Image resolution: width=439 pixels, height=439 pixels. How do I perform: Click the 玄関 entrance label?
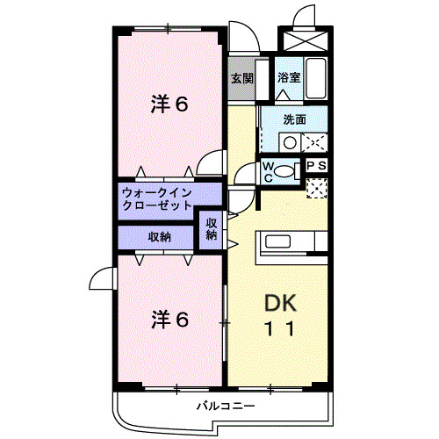241,77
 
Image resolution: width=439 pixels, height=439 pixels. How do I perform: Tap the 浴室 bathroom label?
289,77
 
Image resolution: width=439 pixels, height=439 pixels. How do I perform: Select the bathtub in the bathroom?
316,77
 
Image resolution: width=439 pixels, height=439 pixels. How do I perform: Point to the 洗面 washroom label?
294,120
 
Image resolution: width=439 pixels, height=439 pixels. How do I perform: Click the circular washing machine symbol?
289,141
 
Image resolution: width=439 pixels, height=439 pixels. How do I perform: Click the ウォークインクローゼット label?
156,198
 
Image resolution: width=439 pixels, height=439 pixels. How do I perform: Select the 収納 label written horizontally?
159,237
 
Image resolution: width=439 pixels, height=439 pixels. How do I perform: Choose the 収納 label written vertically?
212,229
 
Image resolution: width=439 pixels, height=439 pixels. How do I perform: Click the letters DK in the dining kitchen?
282,303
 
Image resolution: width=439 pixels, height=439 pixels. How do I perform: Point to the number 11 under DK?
282,329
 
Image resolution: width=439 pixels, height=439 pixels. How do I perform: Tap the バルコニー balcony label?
226,407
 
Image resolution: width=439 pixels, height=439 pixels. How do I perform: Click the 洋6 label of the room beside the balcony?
169,320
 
